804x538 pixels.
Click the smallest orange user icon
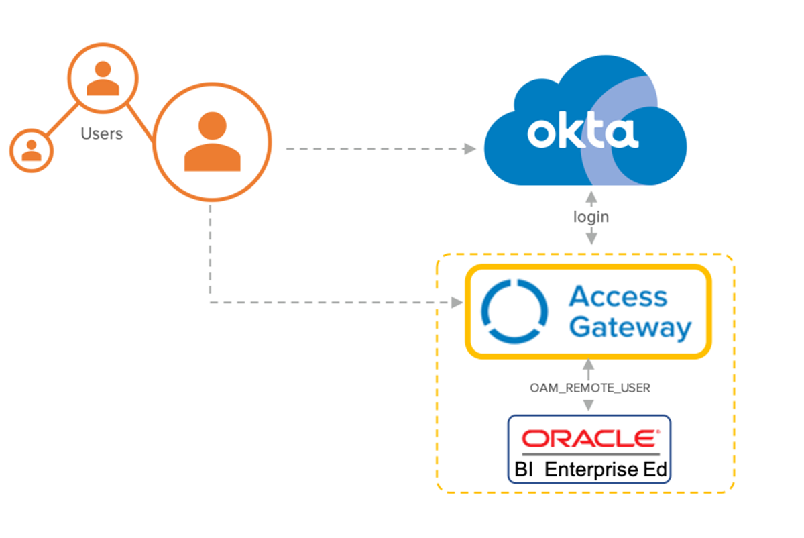[x=32, y=149]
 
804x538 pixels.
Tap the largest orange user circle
[x=212, y=142]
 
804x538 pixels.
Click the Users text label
[x=102, y=133]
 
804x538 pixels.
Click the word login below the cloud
[x=591, y=217]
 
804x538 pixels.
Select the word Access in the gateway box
[x=618, y=297]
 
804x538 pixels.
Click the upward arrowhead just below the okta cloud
[x=591, y=197]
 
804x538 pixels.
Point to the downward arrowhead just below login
[x=591, y=238]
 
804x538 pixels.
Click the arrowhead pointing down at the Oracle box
[x=589, y=406]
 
